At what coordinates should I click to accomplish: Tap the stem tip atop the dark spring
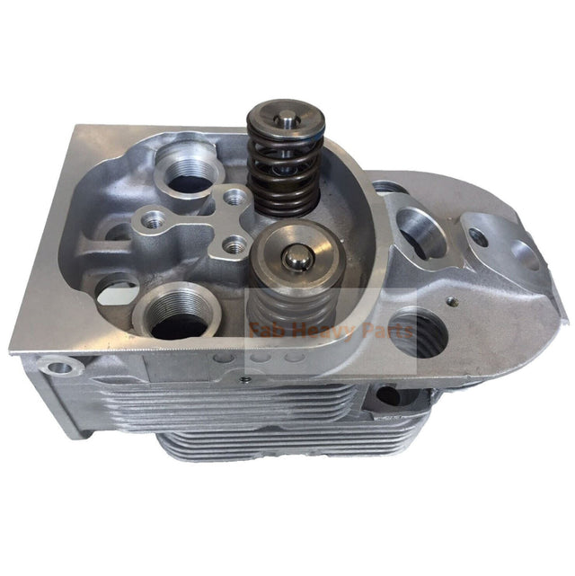point(286,114)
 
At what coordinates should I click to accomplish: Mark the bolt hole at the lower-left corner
point(61,368)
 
